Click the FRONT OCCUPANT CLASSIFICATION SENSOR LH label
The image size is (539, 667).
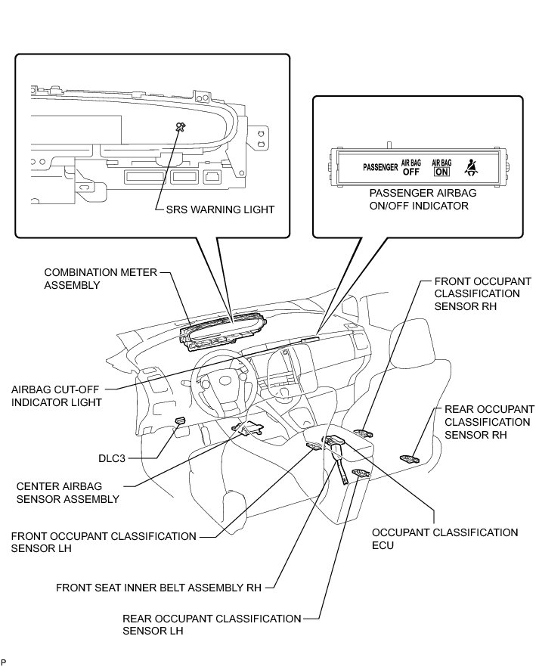104,541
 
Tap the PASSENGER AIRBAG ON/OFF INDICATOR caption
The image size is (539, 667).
418,199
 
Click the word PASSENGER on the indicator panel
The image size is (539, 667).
379,166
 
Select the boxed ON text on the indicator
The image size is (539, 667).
441,170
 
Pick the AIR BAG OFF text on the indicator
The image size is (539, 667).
410,167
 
